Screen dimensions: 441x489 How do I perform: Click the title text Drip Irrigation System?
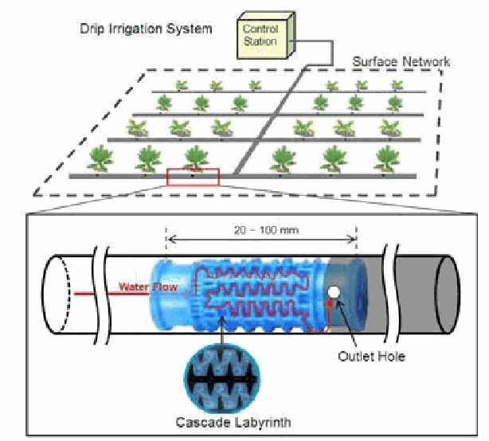tap(146, 29)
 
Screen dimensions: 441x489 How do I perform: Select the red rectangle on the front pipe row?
tap(193, 176)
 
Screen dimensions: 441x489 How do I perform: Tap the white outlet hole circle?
tap(332, 294)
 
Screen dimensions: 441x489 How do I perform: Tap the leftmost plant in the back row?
tap(182, 84)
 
